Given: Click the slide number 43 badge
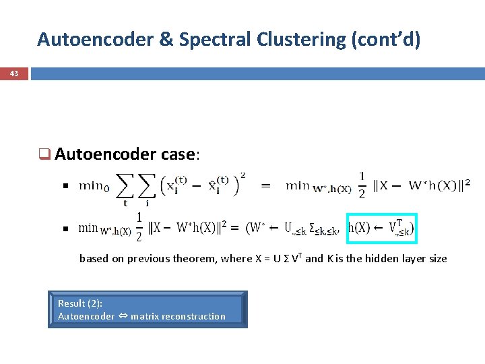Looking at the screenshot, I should click(13, 73).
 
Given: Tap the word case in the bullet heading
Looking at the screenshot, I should click(179, 154).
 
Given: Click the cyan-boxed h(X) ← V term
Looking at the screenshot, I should click(381, 229).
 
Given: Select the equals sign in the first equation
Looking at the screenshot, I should click(266, 183).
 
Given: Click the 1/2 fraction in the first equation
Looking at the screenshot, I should click(362, 183).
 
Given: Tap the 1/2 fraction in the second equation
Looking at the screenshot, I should click(139, 227).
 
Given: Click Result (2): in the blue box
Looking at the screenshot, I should click(80, 303).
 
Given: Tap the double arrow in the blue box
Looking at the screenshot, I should click(123, 316).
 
